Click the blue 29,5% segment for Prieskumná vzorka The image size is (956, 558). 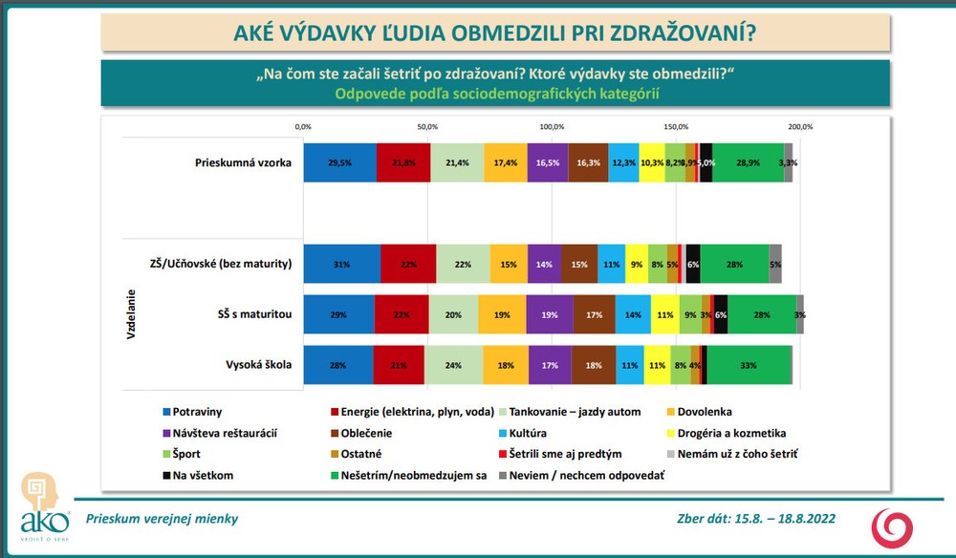(339, 162)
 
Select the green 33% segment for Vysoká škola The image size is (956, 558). (750, 365)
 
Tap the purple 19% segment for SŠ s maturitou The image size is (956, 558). (550, 314)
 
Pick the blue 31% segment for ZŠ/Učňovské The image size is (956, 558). (341, 264)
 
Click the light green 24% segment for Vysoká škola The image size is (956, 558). (454, 365)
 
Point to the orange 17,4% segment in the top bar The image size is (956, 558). (505, 162)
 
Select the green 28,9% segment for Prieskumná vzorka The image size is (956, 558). (749, 162)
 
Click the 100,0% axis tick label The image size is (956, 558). (552, 127)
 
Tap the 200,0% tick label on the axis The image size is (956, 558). (800, 127)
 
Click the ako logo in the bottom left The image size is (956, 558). (44, 501)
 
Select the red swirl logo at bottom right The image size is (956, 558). (891, 526)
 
